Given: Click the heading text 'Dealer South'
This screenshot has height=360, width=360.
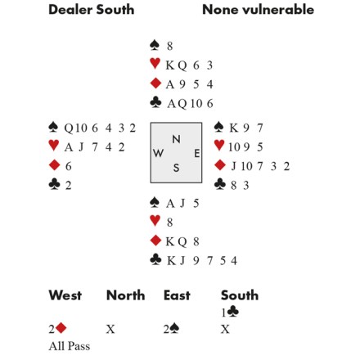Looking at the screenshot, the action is pyautogui.click(x=92, y=10).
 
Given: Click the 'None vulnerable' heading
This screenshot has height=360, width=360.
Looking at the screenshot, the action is pyautogui.click(x=259, y=10).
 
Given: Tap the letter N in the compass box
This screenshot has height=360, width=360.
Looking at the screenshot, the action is pyautogui.click(x=176, y=139).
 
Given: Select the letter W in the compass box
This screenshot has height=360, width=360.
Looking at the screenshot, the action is pyautogui.click(x=158, y=153).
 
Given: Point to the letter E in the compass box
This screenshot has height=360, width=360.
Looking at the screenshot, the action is pyautogui.click(x=197, y=154).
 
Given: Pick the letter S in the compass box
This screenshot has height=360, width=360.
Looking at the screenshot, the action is pyautogui.click(x=176, y=168).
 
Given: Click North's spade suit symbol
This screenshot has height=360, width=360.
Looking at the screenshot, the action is pyautogui.click(x=155, y=45).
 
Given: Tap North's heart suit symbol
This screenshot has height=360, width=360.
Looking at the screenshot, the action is pyautogui.click(x=155, y=64).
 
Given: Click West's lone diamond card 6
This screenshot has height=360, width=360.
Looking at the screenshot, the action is pyautogui.click(x=69, y=166).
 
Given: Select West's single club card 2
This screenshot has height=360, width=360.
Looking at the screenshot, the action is pyautogui.click(x=68, y=186).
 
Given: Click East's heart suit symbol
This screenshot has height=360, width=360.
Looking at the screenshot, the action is pyautogui.click(x=219, y=146).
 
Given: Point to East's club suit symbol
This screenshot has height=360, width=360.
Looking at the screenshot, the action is pyautogui.click(x=220, y=184).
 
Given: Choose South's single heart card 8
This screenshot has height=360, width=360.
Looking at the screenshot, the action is pyautogui.click(x=169, y=223).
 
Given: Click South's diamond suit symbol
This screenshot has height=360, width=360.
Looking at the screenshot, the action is pyautogui.click(x=155, y=241).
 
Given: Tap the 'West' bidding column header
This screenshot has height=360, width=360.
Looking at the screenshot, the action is pyautogui.click(x=65, y=295).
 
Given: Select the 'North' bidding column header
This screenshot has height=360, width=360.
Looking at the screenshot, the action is pyautogui.click(x=125, y=295).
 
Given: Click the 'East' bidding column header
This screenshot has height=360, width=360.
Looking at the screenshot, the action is pyautogui.click(x=177, y=295).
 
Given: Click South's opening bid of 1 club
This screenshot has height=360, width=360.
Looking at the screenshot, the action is pyautogui.click(x=230, y=313).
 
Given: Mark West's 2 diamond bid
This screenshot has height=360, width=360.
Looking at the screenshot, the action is pyautogui.click(x=58, y=329).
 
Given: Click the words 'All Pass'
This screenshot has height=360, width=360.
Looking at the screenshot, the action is pyautogui.click(x=70, y=346).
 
